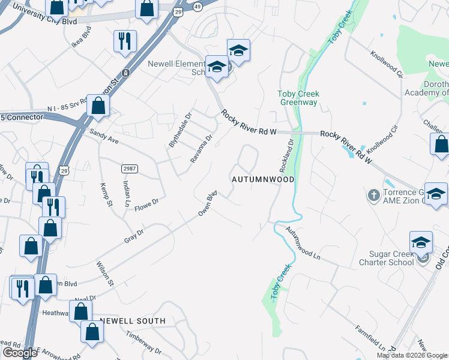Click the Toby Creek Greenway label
point(298,98)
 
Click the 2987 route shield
point(129,169)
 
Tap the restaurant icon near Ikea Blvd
point(125,41)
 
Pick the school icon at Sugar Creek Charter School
point(421,242)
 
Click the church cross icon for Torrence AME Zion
point(374,196)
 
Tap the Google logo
point(20,353)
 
